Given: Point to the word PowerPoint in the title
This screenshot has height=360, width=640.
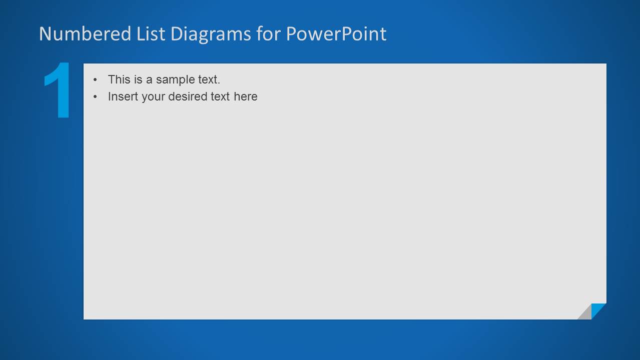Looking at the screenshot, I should (336, 34).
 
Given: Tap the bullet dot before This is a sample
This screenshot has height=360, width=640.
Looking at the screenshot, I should (95, 80).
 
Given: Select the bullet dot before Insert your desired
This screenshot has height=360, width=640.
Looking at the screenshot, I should (95, 97).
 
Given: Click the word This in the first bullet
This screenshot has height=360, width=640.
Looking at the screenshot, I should (119, 79).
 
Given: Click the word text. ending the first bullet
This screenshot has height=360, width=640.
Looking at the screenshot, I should (207, 79).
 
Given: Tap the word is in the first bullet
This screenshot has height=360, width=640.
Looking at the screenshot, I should (138, 79).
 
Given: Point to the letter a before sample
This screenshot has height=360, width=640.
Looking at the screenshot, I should (149, 80).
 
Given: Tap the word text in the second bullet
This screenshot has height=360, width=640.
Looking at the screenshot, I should (220, 96).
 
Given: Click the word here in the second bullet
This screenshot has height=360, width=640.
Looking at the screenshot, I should (245, 96).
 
